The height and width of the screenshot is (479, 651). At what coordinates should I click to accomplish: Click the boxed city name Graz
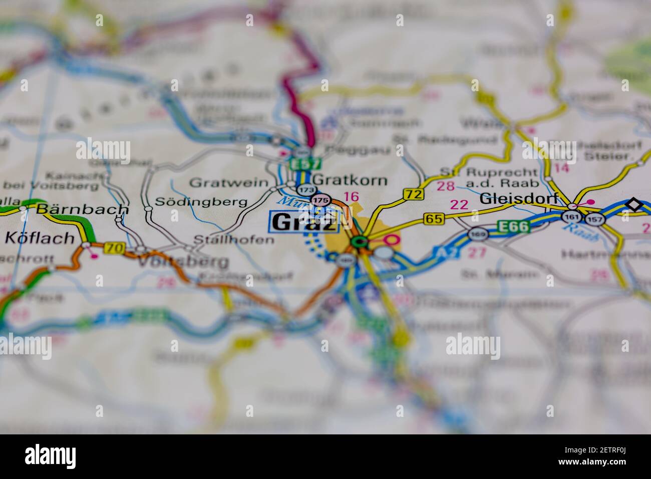point(304,222)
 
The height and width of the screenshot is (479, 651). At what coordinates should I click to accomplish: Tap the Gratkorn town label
point(350,179)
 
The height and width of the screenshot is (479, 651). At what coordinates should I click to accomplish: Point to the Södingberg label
point(201,202)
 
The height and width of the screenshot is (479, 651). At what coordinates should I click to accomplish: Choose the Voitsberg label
point(183,261)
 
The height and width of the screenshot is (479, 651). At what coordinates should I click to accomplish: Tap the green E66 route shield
point(514,227)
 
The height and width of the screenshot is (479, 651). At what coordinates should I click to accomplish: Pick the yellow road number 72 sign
point(413,193)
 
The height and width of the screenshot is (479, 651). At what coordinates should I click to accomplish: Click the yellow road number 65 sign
point(434,218)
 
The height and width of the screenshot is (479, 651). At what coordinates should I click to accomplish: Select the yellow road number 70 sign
point(115,247)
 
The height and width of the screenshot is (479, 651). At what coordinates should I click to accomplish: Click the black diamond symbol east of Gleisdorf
point(634,204)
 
